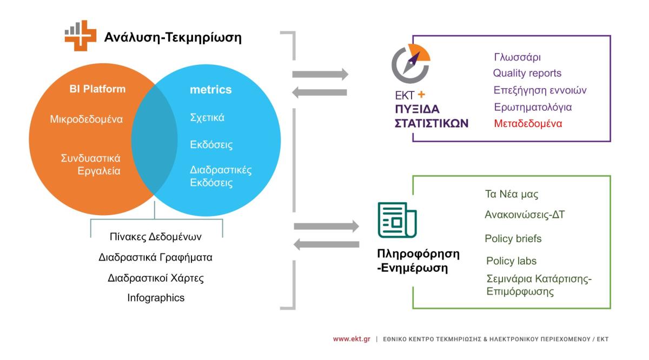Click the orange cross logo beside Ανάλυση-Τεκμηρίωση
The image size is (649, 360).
click(x=80, y=36)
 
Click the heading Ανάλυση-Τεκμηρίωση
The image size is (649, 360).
click(x=173, y=37)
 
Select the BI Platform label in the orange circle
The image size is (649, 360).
click(x=97, y=89)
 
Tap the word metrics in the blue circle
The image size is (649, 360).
click(x=210, y=90)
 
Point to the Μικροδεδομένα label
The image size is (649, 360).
click(x=87, y=119)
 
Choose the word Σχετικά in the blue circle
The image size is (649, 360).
click(x=207, y=118)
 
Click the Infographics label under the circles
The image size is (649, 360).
click(x=156, y=298)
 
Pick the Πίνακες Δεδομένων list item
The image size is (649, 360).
click(x=156, y=237)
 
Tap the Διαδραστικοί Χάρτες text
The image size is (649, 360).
click(x=156, y=278)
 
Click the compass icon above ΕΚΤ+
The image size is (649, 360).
click(x=411, y=63)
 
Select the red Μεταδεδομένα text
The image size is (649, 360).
click(x=528, y=124)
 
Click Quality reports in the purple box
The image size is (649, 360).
click(x=527, y=73)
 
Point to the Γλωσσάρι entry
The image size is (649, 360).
click(x=517, y=57)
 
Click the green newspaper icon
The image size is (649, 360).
click(x=397, y=220)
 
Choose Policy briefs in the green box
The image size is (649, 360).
click(x=513, y=238)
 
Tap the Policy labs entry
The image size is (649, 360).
click(x=511, y=261)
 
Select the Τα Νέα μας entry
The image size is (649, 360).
click(x=512, y=194)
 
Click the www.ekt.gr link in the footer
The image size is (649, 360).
click(x=352, y=339)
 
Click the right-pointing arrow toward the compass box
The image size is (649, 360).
click(x=320, y=74)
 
